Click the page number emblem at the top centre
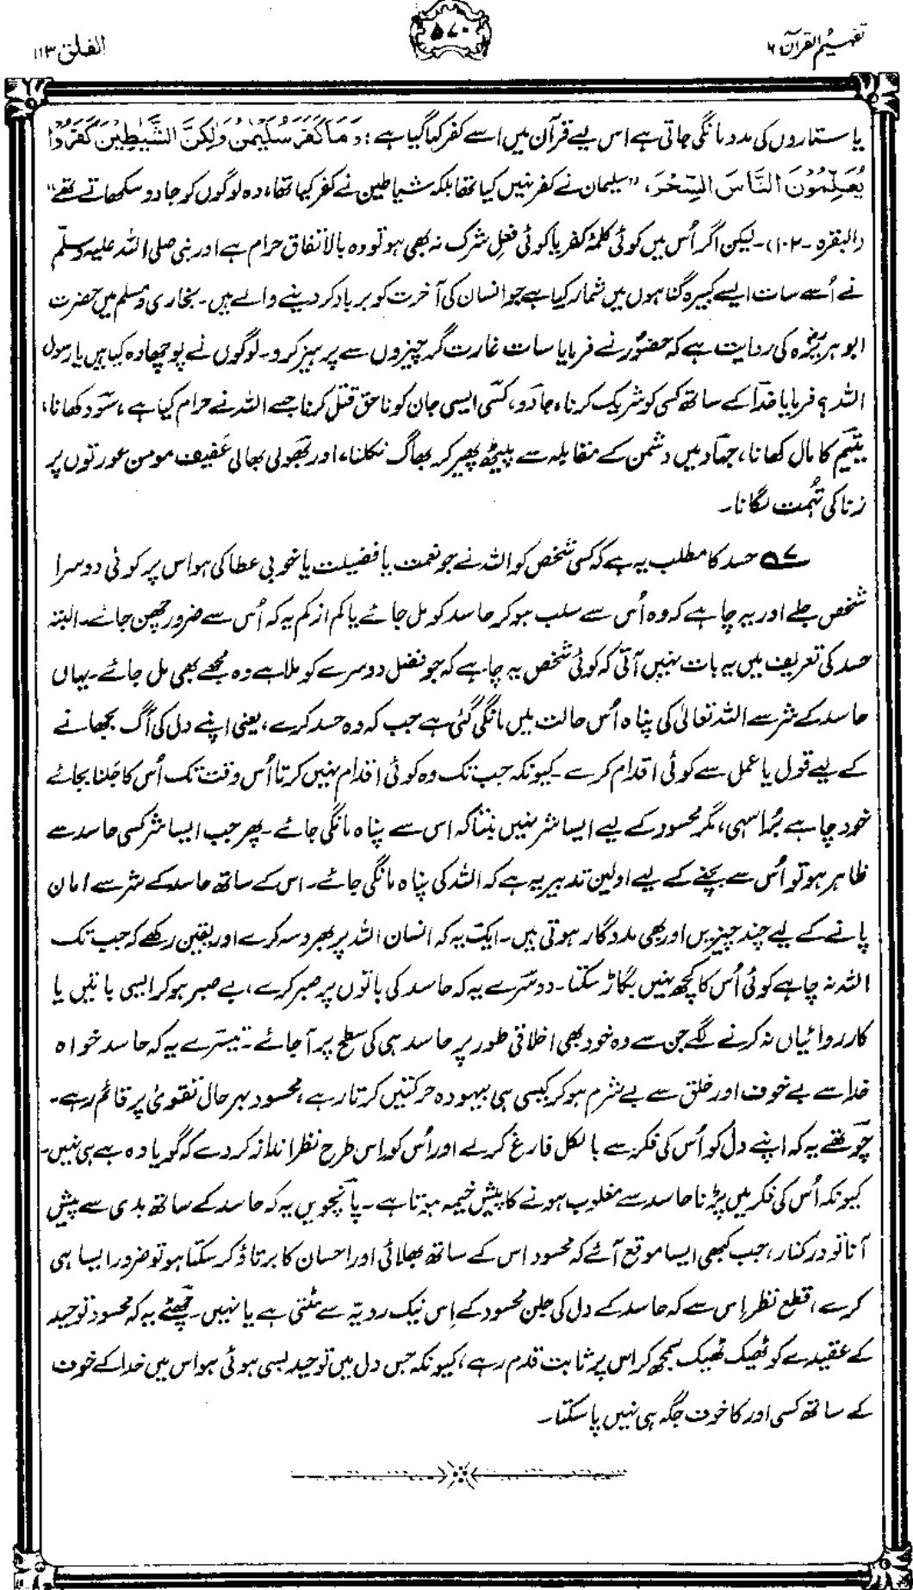click(456, 19)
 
